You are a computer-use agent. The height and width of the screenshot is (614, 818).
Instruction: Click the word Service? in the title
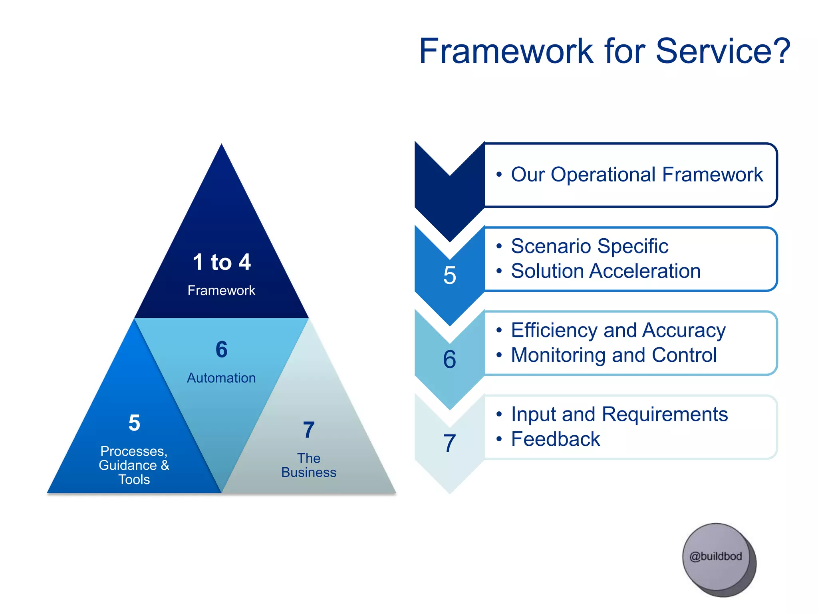723,51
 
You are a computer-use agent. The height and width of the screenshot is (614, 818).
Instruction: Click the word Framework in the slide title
506,51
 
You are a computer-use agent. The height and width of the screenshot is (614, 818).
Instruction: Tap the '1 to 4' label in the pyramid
222,262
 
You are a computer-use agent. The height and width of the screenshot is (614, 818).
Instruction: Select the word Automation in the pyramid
221,378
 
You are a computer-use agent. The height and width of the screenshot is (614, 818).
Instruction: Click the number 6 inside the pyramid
222,349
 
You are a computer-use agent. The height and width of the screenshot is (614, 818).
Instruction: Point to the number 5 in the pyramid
134,423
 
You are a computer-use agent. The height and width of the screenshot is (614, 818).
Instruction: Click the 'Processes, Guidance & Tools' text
134,465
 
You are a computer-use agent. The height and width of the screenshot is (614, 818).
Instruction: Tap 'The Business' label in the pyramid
309,465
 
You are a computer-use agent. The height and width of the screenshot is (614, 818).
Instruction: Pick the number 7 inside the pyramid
309,430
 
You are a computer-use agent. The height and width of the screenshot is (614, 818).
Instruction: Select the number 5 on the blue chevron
450,275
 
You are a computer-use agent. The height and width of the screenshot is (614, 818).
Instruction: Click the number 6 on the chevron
450,359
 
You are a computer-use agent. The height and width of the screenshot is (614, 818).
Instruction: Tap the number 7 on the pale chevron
450,443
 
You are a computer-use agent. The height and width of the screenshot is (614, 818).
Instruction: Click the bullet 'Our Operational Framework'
637,175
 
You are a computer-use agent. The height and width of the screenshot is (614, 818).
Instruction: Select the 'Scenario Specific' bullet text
590,246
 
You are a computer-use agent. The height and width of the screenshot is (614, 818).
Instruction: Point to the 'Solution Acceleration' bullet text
606,271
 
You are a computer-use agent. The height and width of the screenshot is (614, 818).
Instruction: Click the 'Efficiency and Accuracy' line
618,331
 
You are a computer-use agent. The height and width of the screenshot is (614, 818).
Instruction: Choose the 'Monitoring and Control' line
614,355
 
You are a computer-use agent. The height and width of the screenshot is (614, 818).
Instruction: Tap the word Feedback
556,439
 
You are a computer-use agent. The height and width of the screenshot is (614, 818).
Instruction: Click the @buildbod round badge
716,556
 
